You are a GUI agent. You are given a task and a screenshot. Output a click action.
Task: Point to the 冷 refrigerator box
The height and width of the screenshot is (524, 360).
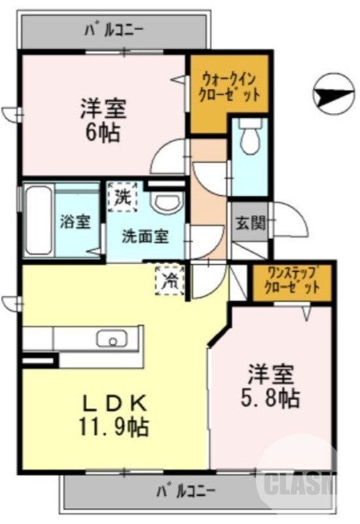pos(170,280)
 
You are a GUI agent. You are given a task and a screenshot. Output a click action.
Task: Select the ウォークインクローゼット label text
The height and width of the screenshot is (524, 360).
pos(229,85)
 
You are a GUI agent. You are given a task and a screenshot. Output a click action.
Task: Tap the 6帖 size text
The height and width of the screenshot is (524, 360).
pos(102,132)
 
